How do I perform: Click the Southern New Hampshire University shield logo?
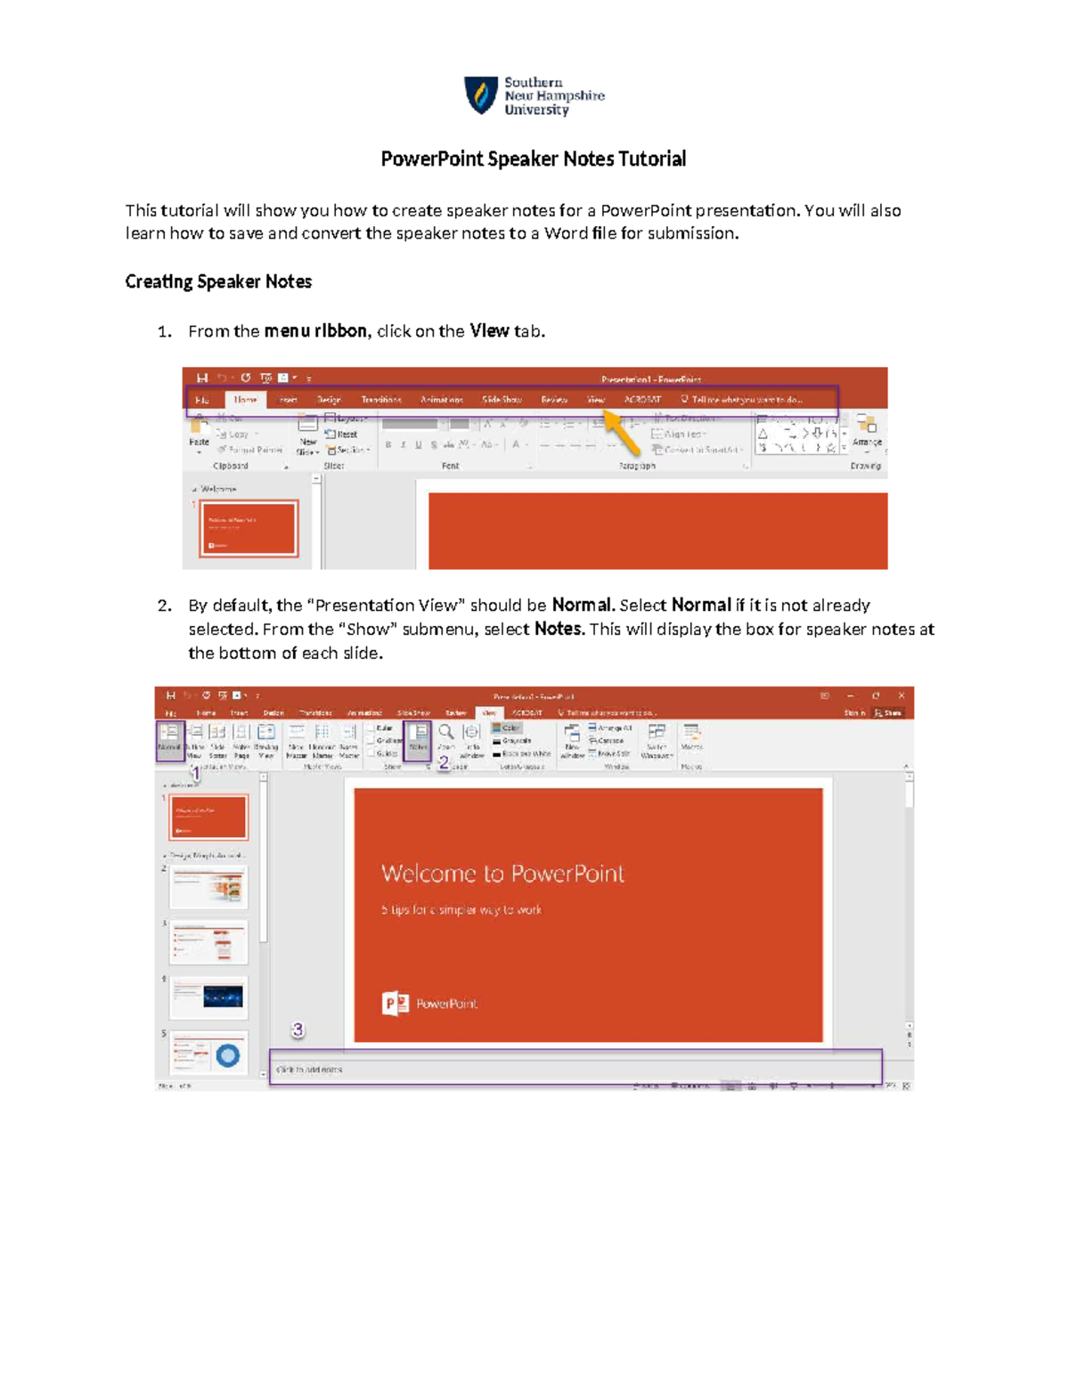(x=481, y=94)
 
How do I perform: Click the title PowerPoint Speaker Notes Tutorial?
(x=533, y=159)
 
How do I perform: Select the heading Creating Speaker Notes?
(x=218, y=281)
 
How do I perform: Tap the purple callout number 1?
(x=196, y=774)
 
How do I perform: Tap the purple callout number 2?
(x=443, y=763)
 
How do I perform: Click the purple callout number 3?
(x=298, y=1029)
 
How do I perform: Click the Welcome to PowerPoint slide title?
(x=502, y=874)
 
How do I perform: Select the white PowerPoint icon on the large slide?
(x=395, y=1004)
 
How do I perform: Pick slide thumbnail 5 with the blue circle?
(x=209, y=1054)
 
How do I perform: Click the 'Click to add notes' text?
(x=309, y=1070)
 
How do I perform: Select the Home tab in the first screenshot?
(x=245, y=400)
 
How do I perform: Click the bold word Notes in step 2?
(x=559, y=629)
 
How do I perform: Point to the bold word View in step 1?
(x=489, y=331)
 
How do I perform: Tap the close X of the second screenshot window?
(x=901, y=696)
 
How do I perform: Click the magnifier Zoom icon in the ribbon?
(x=446, y=733)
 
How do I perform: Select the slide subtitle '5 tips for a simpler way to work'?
(x=461, y=910)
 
